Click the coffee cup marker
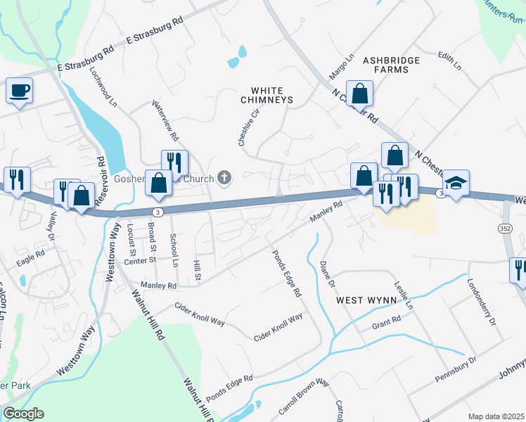coord(20,91)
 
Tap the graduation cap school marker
coord(456,184)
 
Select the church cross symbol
coord(224,177)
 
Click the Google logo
coord(23,414)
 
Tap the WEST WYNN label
coord(364,300)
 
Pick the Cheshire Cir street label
coord(248,127)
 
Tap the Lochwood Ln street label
coord(103,87)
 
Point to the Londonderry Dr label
coord(482,302)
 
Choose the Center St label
coord(139,260)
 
